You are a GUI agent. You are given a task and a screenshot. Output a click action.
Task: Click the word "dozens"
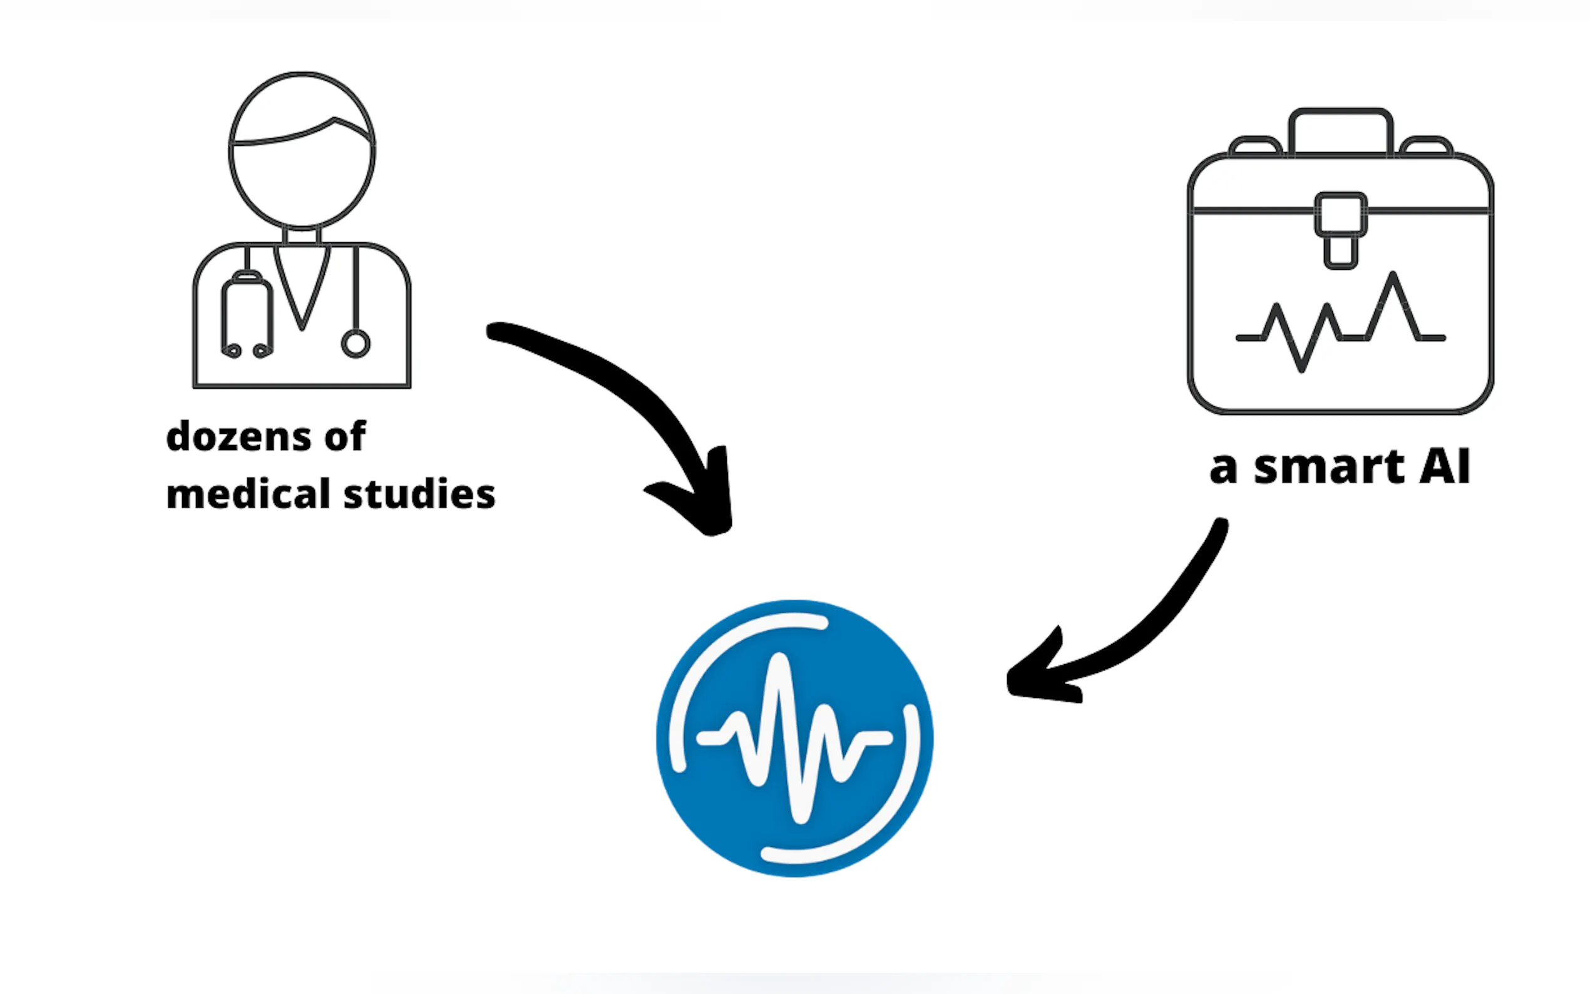(x=238, y=437)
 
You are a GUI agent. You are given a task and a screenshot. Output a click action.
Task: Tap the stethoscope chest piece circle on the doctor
(x=356, y=344)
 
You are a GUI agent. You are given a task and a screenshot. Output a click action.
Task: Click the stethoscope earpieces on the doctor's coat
(x=247, y=350)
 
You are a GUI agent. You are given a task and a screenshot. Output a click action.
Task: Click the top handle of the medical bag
(x=1340, y=128)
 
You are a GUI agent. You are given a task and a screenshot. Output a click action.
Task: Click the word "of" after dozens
(x=345, y=437)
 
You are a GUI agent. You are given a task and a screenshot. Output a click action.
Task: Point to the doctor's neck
(x=302, y=236)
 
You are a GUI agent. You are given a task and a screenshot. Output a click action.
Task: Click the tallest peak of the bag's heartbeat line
(x=1393, y=276)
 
